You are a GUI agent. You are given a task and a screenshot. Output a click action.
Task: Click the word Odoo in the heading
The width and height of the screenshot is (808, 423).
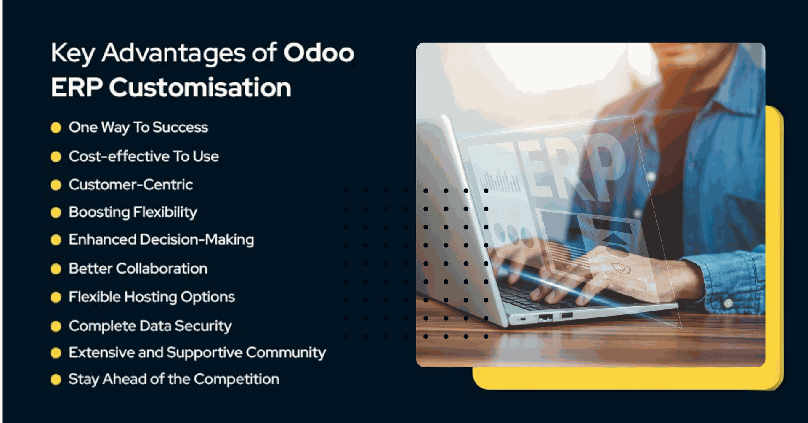[x=319, y=53]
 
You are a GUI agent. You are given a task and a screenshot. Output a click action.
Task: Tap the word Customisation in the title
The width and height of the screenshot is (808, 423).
[x=200, y=88]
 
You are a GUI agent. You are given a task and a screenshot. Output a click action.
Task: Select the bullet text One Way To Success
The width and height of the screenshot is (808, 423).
[x=138, y=128]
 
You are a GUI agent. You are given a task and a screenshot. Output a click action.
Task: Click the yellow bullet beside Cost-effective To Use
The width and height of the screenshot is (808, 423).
[x=56, y=157]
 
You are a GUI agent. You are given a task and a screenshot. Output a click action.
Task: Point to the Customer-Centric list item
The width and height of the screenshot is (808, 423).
[x=131, y=185]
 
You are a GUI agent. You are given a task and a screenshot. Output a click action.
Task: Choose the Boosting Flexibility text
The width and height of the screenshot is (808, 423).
[x=133, y=212]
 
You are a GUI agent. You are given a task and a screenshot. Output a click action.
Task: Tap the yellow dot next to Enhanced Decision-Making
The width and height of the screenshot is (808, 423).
[x=56, y=240]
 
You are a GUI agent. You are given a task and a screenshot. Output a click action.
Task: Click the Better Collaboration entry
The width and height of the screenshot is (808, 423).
[x=138, y=269]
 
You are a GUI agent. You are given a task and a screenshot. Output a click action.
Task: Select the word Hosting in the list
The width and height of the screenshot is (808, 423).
[x=151, y=297]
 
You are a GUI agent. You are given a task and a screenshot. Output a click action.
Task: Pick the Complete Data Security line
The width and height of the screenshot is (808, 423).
[x=150, y=326]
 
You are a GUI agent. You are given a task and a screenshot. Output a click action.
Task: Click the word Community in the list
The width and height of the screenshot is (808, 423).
[x=286, y=353]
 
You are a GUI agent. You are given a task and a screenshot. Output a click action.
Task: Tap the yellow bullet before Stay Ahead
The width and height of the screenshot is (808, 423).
[x=56, y=380]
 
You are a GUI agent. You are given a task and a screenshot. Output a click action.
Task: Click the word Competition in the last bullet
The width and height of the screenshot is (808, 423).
[x=237, y=380]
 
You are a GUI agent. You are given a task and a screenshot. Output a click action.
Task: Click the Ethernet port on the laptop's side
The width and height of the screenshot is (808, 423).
[x=545, y=317]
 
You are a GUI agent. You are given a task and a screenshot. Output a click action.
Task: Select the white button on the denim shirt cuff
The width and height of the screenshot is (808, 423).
[x=728, y=303]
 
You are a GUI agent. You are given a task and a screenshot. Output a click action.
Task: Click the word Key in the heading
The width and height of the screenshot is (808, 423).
[x=72, y=54]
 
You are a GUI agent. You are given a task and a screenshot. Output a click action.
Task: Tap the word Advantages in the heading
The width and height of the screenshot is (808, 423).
[x=173, y=54]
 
